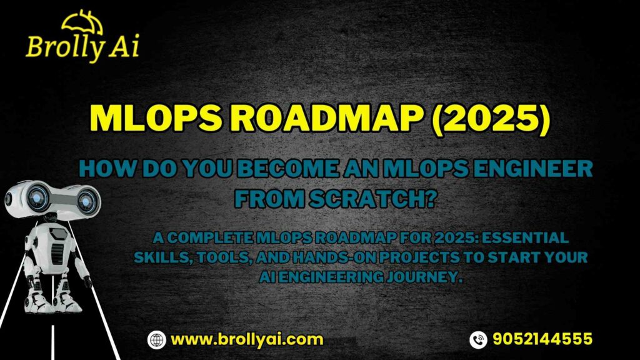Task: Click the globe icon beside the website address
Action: pos(156,339)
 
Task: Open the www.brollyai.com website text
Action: pos(247,339)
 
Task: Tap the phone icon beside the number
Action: pos(477,339)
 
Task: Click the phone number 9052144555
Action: pos(542,339)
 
